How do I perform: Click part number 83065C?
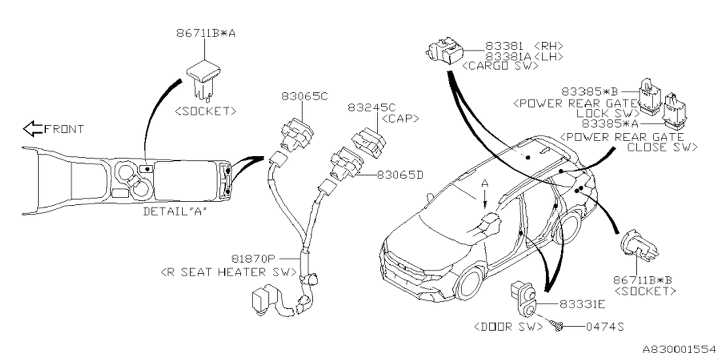(x=305, y=96)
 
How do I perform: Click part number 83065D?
(x=400, y=175)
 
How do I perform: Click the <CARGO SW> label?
(x=499, y=66)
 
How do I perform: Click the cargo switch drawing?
(x=444, y=49)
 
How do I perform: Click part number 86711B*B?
(x=645, y=280)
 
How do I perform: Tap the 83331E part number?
(x=582, y=304)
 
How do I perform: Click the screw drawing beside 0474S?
(x=557, y=325)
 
